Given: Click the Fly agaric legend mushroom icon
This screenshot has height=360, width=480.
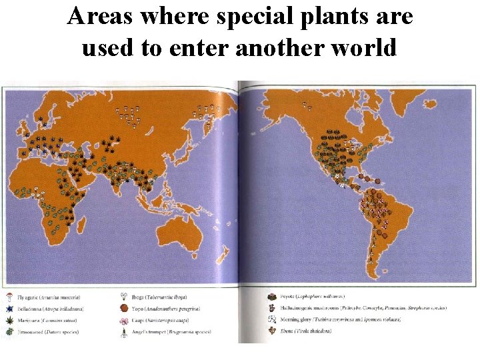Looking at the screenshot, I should pyautogui.click(x=9, y=297).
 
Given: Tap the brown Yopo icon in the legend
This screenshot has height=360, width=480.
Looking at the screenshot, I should pyautogui.click(x=123, y=309).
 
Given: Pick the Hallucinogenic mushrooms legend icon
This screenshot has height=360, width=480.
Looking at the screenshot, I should pyautogui.click(x=272, y=308).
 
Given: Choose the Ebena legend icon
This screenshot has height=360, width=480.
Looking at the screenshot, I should pyautogui.click(x=272, y=331).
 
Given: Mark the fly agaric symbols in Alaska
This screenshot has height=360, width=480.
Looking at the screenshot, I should pyautogui.click(x=306, y=105).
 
